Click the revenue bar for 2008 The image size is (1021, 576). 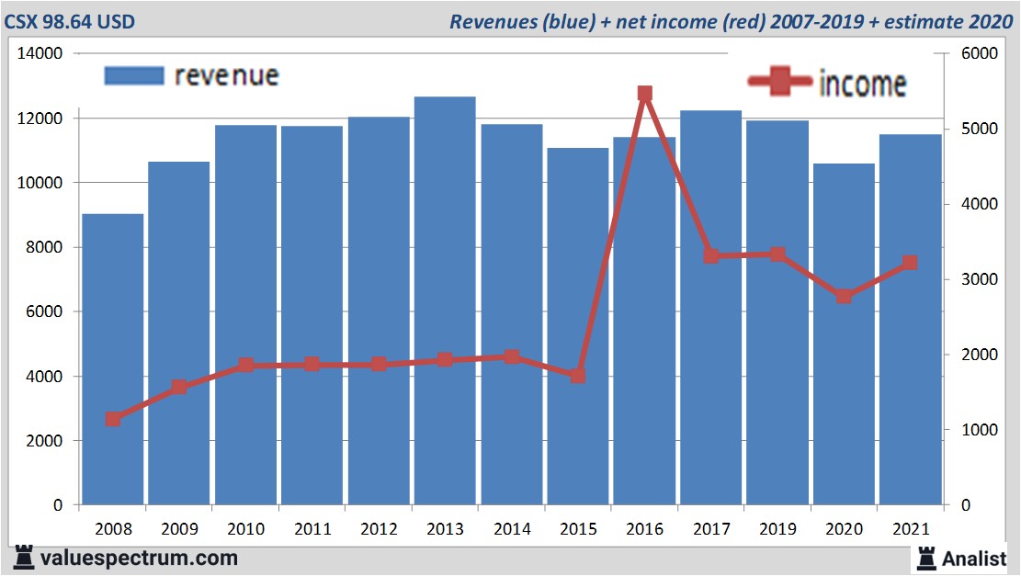(113, 359)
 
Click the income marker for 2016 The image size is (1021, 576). (644, 94)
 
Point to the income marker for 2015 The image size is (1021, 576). (577, 375)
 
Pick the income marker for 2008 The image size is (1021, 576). (113, 419)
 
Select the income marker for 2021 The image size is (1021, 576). (910, 263)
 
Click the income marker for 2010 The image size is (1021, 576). (245, 365)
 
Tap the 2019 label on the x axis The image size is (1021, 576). (777, 530)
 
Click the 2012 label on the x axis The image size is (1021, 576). (379, 530)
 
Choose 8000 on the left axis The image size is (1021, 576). (42, 248)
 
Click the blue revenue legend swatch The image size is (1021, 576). (133, 75)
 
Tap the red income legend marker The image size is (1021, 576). (779, 83)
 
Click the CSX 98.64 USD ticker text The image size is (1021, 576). (70, 21)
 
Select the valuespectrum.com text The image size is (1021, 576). (139, 558)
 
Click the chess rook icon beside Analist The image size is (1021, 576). (926, 558)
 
